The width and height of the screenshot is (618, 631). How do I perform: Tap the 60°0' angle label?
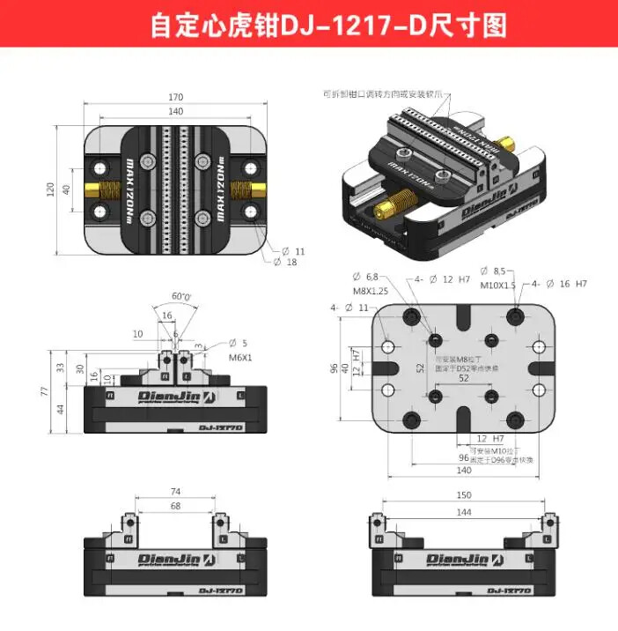tap(181, 297)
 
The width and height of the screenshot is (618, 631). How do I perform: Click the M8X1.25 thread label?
tap(369, 291)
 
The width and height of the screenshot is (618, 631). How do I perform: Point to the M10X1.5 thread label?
tap(499, 284)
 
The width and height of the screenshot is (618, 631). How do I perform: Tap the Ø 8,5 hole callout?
tap(491, 271)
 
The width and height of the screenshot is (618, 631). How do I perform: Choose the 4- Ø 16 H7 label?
tap(558, 284)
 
